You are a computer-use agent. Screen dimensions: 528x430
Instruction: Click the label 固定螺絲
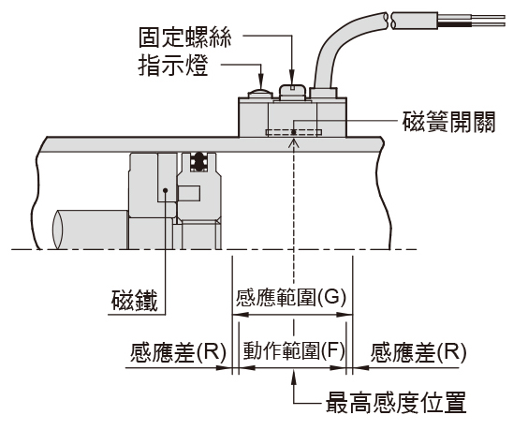coord(185,37)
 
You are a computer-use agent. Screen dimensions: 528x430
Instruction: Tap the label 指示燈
coord(173,66)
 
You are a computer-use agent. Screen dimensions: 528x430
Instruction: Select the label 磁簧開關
coord(448,122)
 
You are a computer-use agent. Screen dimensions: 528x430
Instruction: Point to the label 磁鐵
coord(135,301)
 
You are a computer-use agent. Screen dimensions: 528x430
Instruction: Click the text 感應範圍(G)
coord(291,298)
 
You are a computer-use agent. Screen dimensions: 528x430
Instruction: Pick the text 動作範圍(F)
coord(294,351)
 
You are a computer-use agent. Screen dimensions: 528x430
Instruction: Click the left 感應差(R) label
coord(178,352)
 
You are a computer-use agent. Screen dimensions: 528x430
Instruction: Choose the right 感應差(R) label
coord(418,352)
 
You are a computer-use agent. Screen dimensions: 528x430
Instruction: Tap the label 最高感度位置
coord(396,403)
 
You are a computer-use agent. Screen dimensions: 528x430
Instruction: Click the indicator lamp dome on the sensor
coord(259,94)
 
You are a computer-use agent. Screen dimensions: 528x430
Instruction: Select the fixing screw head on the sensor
coord(292,92)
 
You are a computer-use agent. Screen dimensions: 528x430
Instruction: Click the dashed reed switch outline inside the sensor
coord(293,132)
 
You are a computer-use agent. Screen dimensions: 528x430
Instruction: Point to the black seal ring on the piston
coord(198,162)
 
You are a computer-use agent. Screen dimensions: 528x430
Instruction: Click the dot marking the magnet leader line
coord(165,191)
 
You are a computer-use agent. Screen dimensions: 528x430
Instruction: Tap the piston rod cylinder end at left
coord(58,230)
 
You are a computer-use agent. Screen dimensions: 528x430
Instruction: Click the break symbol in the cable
coord(391,21)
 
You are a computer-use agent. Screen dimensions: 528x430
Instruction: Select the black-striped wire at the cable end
coord(471,24)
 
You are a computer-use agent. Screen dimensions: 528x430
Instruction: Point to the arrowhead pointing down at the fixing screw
coord(292,78)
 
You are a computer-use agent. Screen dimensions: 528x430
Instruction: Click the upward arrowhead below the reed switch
coord(294,143)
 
